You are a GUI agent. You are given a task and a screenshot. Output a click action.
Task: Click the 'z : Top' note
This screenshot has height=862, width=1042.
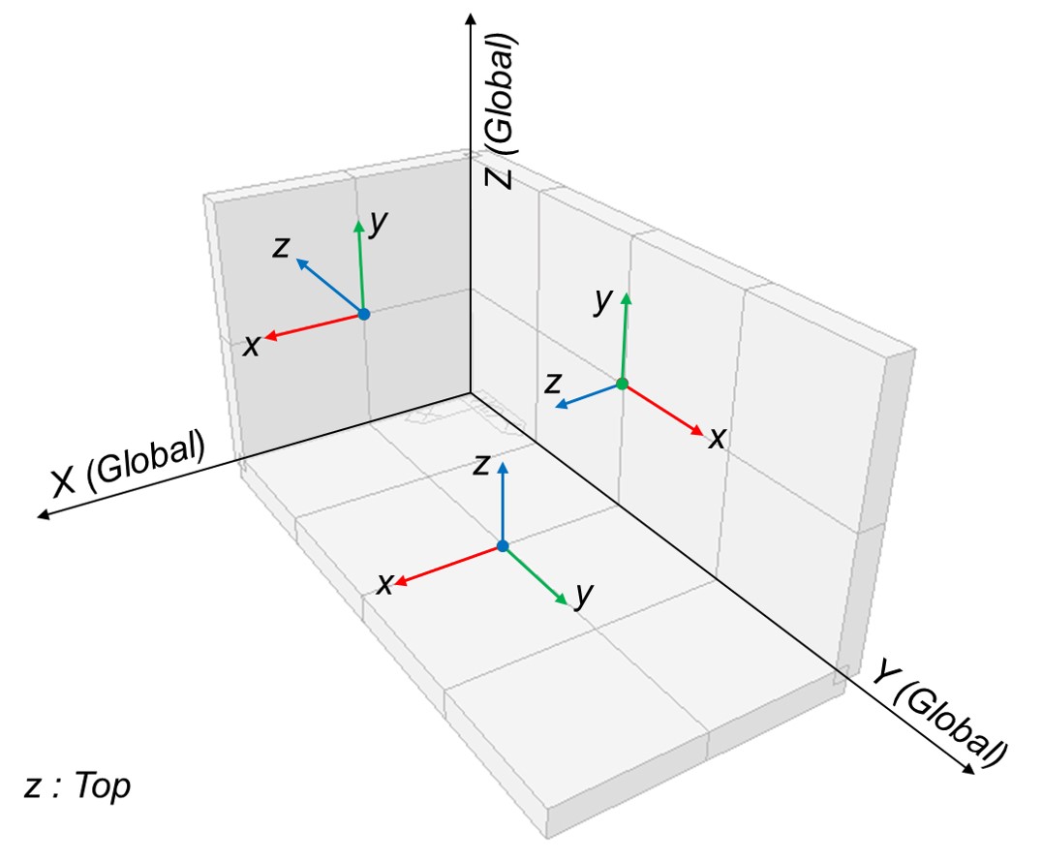tap(77, 786)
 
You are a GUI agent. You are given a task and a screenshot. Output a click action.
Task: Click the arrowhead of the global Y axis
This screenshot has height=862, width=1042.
tap(967, 769)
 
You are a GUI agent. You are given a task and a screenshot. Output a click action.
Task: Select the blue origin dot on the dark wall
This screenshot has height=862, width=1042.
tap(363, 314)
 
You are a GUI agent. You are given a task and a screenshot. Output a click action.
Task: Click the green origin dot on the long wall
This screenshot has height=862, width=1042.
tap(622, 385)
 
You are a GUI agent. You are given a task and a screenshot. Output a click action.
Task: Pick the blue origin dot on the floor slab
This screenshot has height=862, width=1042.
tap(502, 546)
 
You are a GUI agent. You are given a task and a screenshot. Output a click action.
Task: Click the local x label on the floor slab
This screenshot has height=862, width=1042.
tap(384, 584)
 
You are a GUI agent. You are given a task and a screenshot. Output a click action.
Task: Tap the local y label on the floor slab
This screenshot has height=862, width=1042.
tap(582, 596)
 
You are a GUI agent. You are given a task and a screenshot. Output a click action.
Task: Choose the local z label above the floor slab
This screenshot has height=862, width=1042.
tap(480, 466)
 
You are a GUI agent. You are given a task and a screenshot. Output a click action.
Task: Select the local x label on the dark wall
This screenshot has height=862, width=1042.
tap(252, 346)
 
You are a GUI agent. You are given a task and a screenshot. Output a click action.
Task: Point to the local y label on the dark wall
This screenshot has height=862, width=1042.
tap(379, 224)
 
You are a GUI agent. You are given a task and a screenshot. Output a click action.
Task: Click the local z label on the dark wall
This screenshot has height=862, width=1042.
tap(281, 248)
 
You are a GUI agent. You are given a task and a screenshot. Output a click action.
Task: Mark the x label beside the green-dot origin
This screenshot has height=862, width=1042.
tap(717, 439)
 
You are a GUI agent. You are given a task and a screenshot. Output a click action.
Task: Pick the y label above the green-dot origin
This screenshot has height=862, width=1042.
tap(604, 301)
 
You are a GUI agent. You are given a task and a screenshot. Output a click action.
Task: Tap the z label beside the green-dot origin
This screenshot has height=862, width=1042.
tap(553, 384)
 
